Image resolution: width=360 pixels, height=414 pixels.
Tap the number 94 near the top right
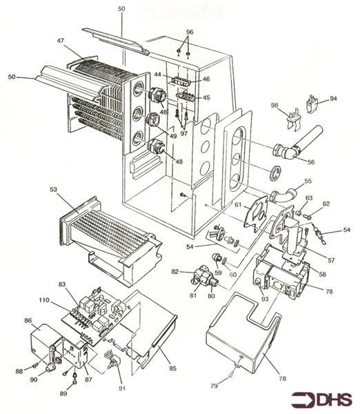click(x=333, y=99)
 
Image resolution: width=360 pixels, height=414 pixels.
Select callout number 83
click(x=61, y=284)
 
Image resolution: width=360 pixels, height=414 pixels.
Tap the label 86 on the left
click(x=28, y=321)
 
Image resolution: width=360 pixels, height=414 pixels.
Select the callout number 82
click(x=175, y=272)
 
